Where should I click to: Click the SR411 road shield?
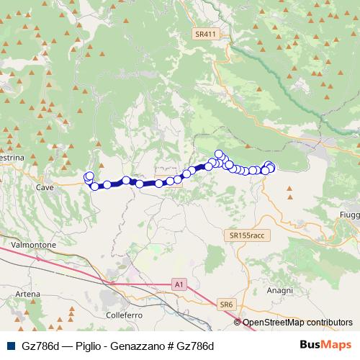[205, 34]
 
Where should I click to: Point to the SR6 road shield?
[228, 305]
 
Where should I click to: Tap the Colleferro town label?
[124, 315]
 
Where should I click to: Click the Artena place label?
[27, 294]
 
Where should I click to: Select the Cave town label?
[45, 186]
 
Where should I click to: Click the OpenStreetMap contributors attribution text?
[297, 323]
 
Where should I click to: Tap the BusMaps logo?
[325, 345]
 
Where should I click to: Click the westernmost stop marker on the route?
[88, 177]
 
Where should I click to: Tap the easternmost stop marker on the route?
[271, 168]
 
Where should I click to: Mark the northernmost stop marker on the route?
[219, 153]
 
